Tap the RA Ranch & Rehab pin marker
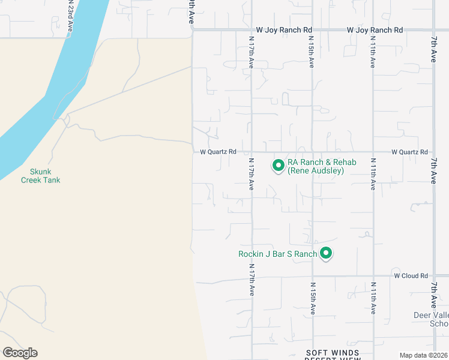(x=279, y=165)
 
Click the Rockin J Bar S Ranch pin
(x=326, y=254)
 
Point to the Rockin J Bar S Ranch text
(x=277, y=254)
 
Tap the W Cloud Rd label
(x=411, y=276)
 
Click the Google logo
(x=20, y=353)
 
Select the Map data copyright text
(x=424, y=355)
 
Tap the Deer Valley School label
(x=431, y=319)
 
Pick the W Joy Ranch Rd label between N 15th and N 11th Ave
(x=375, y=30)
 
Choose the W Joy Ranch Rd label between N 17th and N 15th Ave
(x=284, y=29)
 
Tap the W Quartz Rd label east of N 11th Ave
(x=410, y=152)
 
